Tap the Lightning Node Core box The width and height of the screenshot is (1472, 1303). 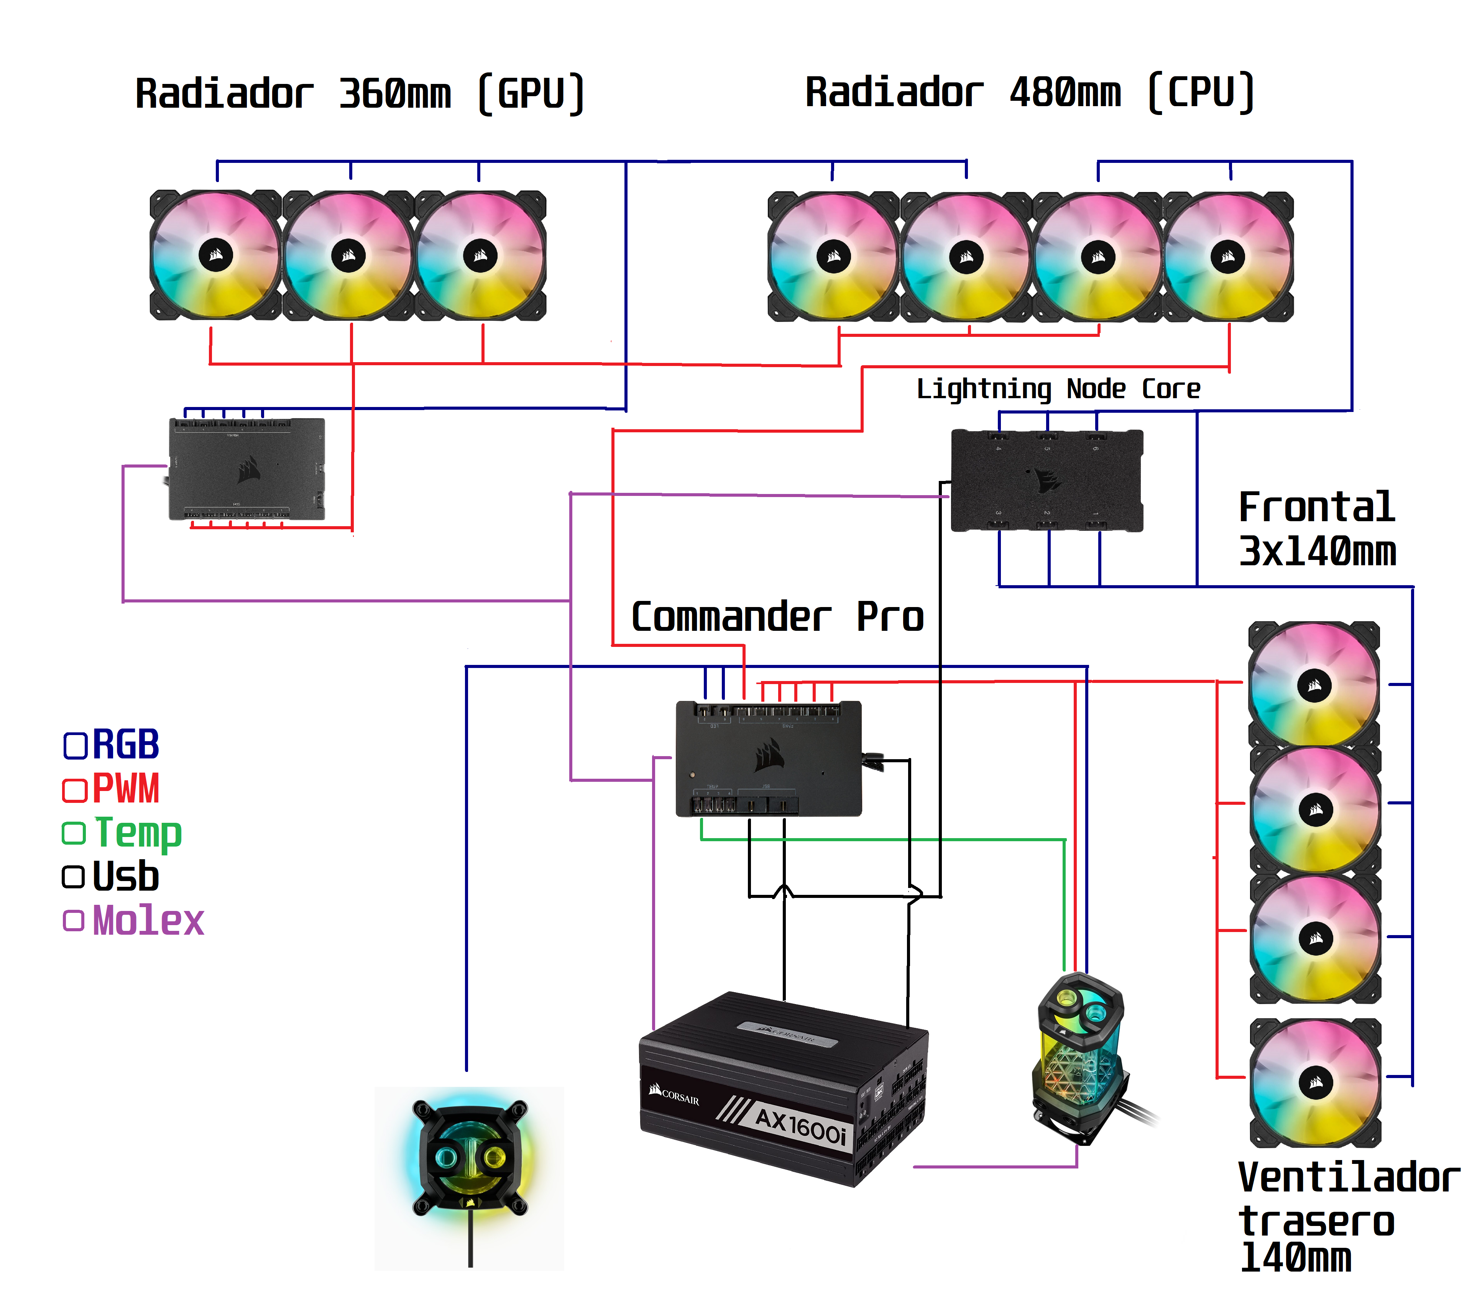pyautogui.click(x=1046, y=480)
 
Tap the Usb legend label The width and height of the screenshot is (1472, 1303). pyautogui.click(x=126, y=877)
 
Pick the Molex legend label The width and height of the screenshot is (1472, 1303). pyautogui.click(x=148, y=921)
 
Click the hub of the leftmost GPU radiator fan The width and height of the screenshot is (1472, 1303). pyautogui.click(x=215, y=255)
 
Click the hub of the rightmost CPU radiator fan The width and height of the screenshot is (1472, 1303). pyautogui.click(x=1228, y=256)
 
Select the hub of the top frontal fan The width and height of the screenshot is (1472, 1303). pyautogui.click(x=1314, y=685)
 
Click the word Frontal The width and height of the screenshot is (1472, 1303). pyautogui.click(x=1316, y=507)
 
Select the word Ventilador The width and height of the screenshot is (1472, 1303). pyautogui.click(x=1348, y=1178)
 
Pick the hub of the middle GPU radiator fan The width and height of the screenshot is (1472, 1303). pyautogui.click(x=348, y=256)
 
